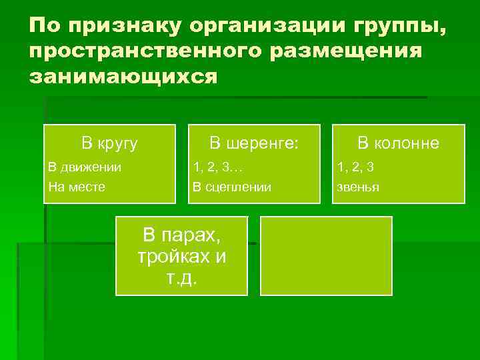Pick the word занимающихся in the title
[123, 75]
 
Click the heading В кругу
[109, 143]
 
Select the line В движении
[85, 167]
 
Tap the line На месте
[77, 187]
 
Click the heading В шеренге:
[254, 143]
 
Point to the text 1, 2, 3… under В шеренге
[218, 167]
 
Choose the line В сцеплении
[231, 187]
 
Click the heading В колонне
[398, 143]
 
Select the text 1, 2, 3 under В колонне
[355, 167]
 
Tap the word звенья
[358, 187]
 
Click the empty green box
[326, 255]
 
